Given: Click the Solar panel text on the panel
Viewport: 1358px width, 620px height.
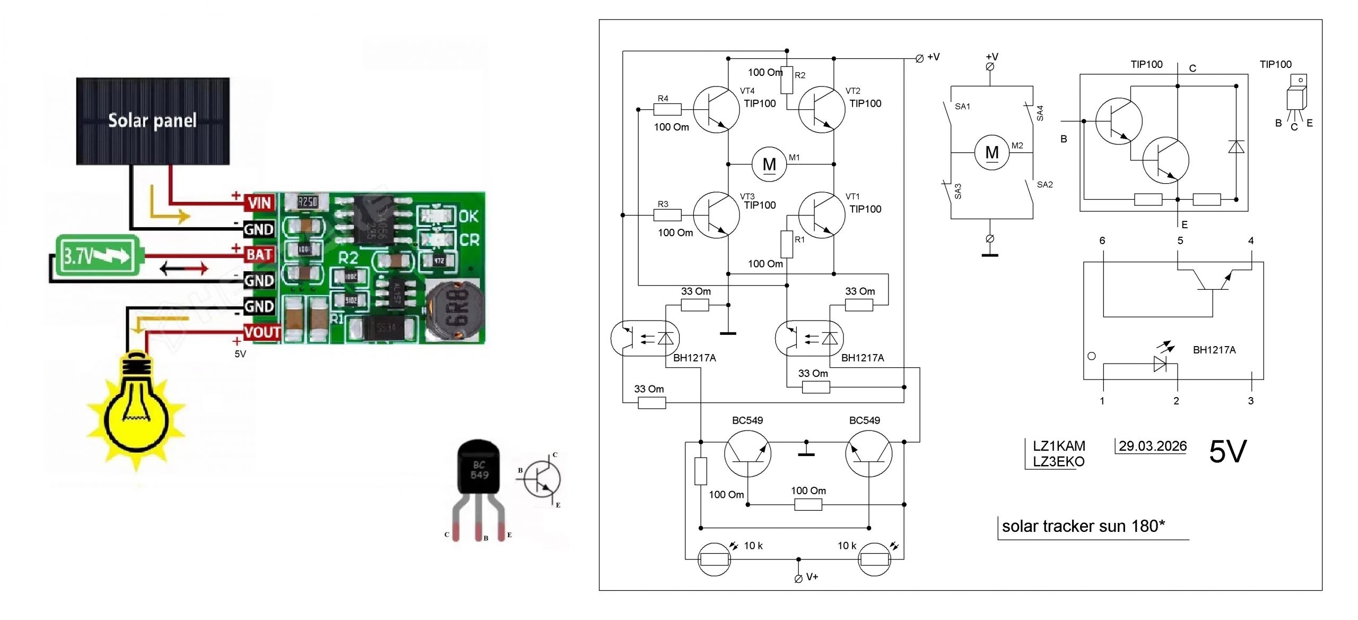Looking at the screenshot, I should pyautogui.click(x=152, y=120).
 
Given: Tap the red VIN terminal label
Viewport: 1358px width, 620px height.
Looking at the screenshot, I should pyautogui.click(x=259, y=202).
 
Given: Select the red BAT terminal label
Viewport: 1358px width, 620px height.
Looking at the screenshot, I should pyautogui.click(x=259, y=254).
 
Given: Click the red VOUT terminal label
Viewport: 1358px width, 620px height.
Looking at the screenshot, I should pyautogui.click(x=262, y=332).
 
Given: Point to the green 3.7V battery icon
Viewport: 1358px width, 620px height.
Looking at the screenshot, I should pyautogui.click(x=98, y=255).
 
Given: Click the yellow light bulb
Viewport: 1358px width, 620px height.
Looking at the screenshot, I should pyautogui.click(x=136, y=409).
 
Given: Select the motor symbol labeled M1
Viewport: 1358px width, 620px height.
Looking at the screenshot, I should pyautogui.click(x=769, y=165).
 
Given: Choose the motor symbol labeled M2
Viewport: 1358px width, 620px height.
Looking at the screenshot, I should pyautogui.click(x=991, y=153).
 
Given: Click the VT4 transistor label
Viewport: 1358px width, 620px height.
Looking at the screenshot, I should pyautogui.click(x=747, y=91).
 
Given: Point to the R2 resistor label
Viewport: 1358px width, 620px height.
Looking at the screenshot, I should pyautogui.click(x=800, y=75).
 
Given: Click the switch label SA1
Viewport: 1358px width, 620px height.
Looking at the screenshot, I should pyautogui.click(x=962, y=106).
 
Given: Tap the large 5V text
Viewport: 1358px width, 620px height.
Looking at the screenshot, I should pyautogui.click(x=1228, y=452).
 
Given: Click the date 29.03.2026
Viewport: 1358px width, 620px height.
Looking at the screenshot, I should pyautogui.click(x=1152, y=446).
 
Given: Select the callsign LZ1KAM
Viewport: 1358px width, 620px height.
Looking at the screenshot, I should pyautogui.click(x=1058, y=445).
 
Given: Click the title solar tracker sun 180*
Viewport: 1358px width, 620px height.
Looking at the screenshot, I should pyautogui.click(x=1083, y=526).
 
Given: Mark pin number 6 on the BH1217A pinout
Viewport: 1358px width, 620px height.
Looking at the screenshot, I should pyautogui.click(x=1102, y=240).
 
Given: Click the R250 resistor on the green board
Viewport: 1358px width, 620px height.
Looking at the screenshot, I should pyautogui.click(x=307, y=202).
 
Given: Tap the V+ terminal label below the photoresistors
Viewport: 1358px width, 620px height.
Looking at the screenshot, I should pyautogui.click(x=812, y=576).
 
